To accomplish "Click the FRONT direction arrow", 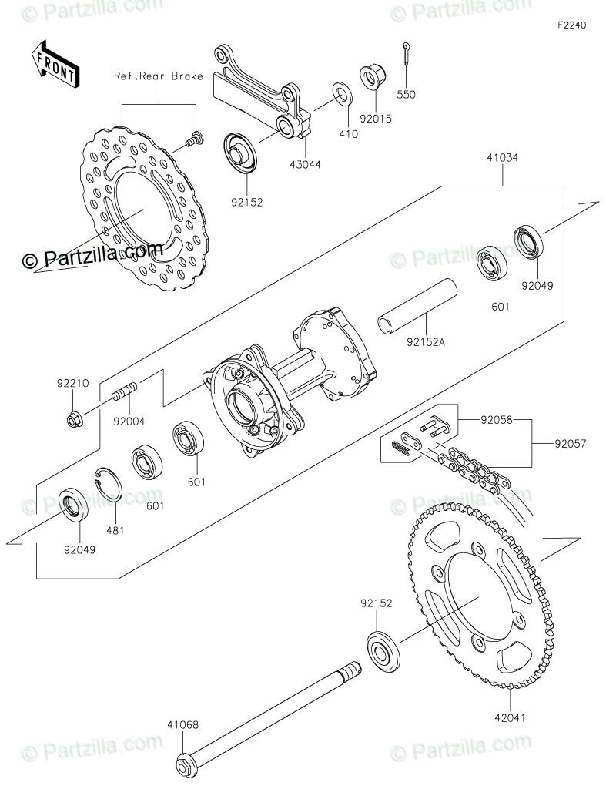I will [x=55, y=64].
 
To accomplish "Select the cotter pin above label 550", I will [x=405, y=57].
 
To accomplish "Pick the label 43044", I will [x=306, y=163].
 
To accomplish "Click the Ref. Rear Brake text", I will [x=159, y=76].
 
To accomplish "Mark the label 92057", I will [x=571, y=444].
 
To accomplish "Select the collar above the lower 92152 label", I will [x=383, y=650].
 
